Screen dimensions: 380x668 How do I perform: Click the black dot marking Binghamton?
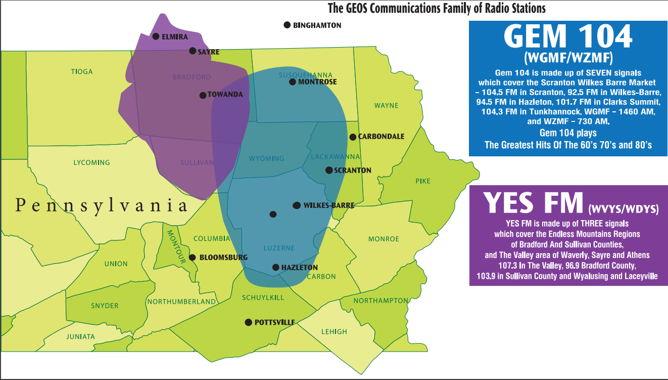[287, 25]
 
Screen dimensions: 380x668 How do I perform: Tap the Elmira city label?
[175, 37]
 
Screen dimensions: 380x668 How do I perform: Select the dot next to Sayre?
[193, 51]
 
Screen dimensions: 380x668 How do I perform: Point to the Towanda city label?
[225, 95]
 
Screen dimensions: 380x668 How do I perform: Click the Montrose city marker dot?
[292, 82]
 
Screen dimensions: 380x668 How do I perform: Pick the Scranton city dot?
[329, 170]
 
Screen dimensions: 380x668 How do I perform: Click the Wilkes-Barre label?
[329, 205]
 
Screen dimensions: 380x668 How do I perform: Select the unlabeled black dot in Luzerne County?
[273, 214]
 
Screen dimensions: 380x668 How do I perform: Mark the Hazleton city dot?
[275, 267]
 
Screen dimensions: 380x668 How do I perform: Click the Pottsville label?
[274, 322]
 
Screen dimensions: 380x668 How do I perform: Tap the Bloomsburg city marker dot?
[193, 257]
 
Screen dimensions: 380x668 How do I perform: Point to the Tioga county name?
[82, 72]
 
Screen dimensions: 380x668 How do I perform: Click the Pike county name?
[423, 181]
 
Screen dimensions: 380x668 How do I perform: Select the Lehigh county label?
[334, 332]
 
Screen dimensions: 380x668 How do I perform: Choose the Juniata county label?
[80, 336]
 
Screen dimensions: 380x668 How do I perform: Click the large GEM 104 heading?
[568, 36]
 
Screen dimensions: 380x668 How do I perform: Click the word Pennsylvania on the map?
[101, 205]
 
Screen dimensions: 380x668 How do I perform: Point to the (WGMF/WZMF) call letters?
[568, 56]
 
